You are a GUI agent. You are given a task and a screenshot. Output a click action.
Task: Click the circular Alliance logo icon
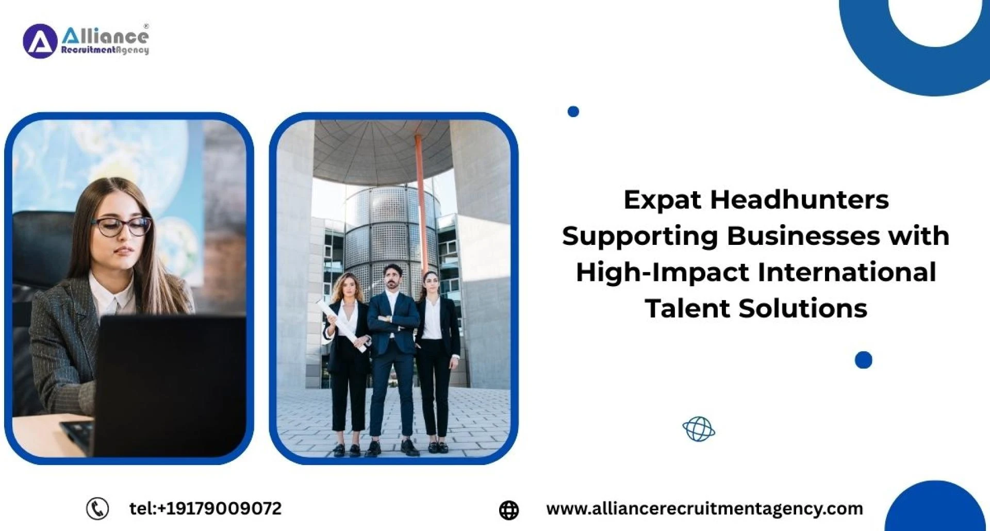pos(40,41)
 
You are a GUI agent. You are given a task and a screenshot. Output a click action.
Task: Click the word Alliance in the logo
pos(105,36)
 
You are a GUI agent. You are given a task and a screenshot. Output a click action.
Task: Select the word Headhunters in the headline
pos(800,200)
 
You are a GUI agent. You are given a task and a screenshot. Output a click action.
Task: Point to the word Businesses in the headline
pos(803,236)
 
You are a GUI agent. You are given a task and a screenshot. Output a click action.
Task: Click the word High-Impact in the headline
pos(663,273)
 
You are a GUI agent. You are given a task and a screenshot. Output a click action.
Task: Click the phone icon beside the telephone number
pos(97,509)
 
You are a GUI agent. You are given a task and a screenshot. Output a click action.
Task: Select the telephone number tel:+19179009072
pos(205,509)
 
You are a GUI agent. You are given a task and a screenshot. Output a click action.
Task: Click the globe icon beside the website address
pos(508,510)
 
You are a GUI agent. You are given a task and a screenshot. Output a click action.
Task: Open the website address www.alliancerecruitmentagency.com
pos(704,509)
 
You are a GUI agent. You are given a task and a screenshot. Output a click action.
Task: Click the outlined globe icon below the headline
pos(699,429)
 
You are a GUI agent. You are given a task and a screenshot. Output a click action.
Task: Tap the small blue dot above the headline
pos(573,111)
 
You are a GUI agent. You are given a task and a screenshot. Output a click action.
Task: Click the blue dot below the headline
pos(863,360)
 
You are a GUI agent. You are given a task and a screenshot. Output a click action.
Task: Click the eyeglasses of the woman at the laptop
pos(122,226)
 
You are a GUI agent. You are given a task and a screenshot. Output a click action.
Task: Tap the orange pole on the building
pos(421,201)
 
